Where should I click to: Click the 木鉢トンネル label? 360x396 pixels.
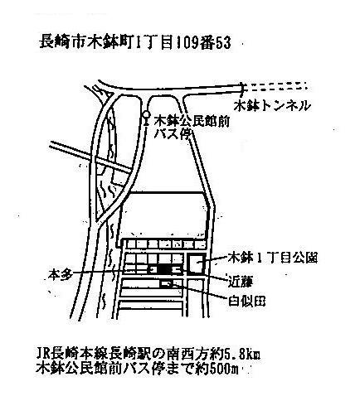(272, 106)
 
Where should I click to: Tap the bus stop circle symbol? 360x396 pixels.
(146, 114)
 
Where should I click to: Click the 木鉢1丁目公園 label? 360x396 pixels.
(272, 258)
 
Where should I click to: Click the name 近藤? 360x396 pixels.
(241, 282)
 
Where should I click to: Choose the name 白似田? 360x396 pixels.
(246, 302)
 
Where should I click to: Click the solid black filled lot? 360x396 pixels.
(164, 269)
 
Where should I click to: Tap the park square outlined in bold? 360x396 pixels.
(197, 263)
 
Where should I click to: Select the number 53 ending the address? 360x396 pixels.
(223, 44)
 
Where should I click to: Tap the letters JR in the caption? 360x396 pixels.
(43, 355)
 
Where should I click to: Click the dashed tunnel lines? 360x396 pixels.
(276, 86)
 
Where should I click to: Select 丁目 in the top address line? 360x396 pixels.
(156, 43)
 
